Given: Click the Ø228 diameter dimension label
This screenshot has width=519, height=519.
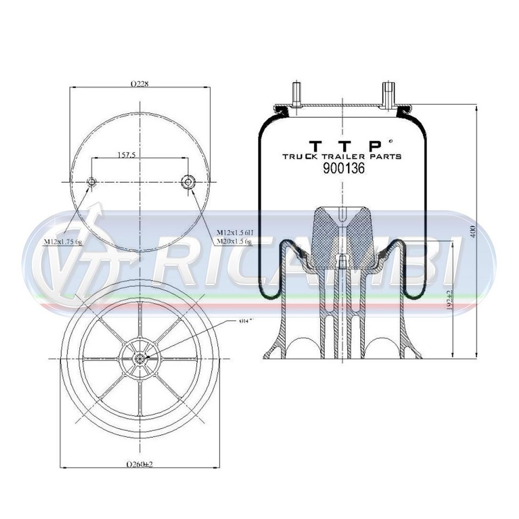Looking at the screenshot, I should coord(140,84).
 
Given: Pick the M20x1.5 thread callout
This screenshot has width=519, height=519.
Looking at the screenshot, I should coord(234,241).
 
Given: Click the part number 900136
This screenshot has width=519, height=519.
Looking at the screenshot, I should coord(344,168).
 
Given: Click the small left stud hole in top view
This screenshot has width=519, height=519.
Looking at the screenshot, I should coord(91,182).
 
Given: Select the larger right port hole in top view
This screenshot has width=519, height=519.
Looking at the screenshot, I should coord(187,182).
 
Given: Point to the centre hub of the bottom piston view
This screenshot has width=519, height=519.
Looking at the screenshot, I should coord(140,359).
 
